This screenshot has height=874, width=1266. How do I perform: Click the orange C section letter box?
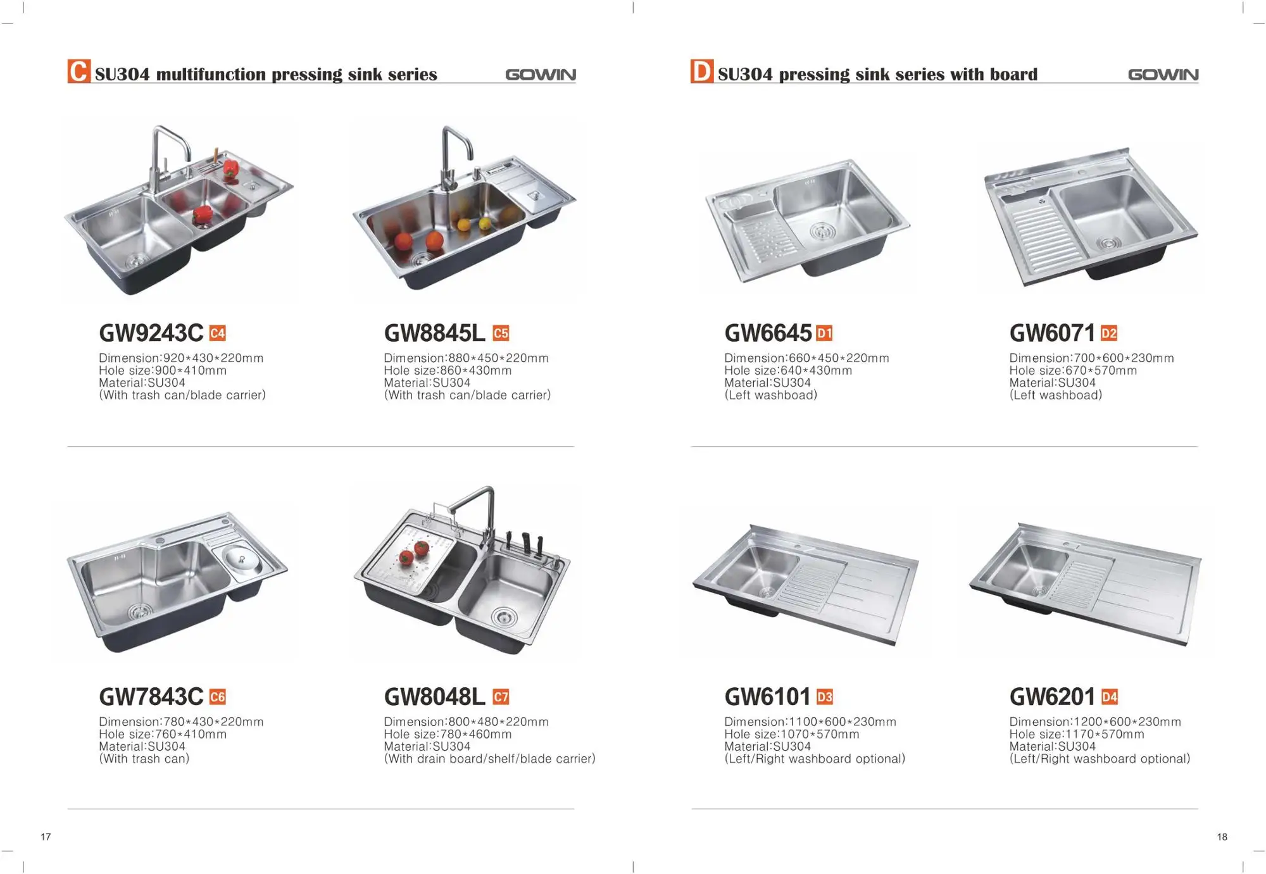(79, 71)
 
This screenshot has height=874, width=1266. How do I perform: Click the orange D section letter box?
(702, 71)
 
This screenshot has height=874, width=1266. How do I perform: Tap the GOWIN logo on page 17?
(541, 75)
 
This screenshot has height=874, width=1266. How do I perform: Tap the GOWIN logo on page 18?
(1163, 75)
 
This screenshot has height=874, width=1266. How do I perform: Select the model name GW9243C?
(151, 333)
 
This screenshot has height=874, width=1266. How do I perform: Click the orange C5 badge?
(501, 333)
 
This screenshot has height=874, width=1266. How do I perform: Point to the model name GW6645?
(768, 333)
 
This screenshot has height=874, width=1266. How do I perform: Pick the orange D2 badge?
(1109, 333)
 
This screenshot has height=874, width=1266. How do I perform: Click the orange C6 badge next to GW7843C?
(217, 697)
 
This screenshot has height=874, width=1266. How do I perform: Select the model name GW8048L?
(435, 697)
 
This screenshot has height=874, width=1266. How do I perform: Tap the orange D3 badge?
(825, 697)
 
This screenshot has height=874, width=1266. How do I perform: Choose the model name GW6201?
(1052, 697)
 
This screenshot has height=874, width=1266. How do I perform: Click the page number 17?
(46, 837)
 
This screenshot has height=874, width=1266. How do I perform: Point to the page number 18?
(1222, 837)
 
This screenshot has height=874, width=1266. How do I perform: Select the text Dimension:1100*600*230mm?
(810, 721)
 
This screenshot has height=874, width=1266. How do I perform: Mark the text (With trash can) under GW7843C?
(144, 759)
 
